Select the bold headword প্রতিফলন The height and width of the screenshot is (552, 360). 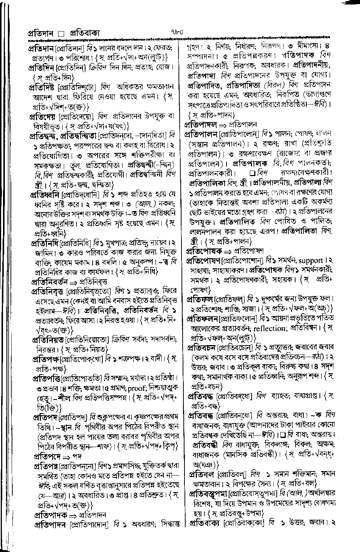point(202,319)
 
